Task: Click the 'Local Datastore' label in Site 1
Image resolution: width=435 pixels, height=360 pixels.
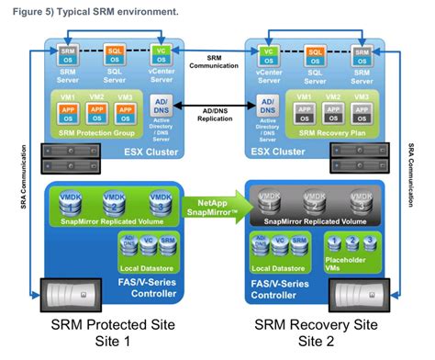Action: point(142,265)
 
